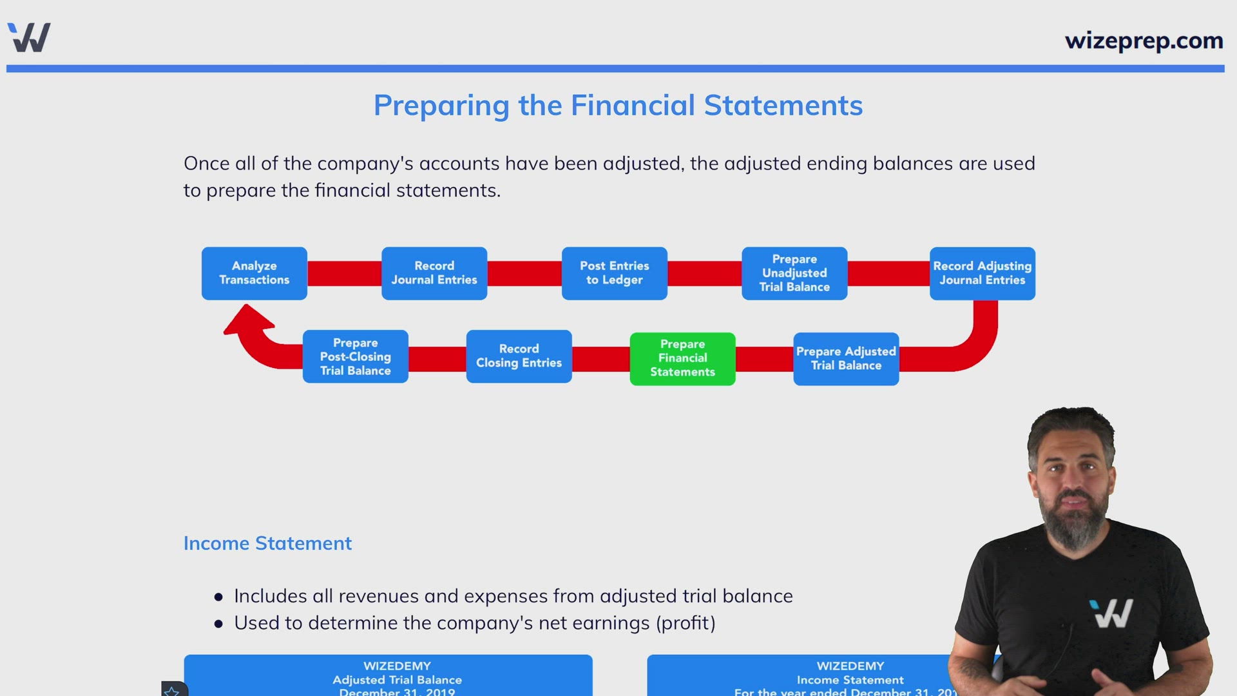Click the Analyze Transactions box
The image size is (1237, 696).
254,273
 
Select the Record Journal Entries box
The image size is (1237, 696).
434,273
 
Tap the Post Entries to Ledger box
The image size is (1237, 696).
614,273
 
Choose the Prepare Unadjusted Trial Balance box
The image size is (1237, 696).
794,273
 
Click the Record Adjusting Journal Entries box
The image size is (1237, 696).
982,273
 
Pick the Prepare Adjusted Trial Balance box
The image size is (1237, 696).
846,358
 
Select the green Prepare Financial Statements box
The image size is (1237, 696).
682,358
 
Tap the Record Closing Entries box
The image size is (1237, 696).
519,356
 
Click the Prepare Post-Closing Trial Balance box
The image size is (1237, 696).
355,356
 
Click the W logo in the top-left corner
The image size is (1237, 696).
29,37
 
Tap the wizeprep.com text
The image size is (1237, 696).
1144,41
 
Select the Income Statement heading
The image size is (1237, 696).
267,543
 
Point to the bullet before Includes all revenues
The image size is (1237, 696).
218,597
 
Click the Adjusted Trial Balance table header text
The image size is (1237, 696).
397,680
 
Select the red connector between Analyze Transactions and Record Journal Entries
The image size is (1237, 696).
344,273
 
